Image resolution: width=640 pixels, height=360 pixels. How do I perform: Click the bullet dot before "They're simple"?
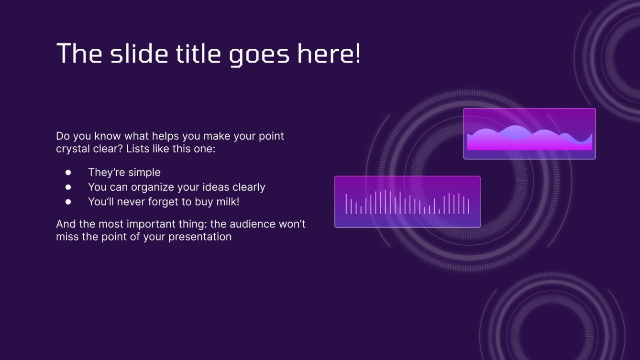click(68, 173)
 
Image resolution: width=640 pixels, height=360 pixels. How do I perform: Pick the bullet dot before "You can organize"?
click(68, 187)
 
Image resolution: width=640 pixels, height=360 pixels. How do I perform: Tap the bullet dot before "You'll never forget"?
click(68, 202)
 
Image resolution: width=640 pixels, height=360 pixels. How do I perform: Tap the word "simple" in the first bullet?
click(144, 173)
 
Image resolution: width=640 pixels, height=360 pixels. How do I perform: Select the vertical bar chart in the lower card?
click(407, 202)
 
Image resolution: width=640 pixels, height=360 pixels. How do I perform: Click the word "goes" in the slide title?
click(259, 54)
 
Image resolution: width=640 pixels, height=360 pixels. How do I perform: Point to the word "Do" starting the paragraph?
click(62, 136)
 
